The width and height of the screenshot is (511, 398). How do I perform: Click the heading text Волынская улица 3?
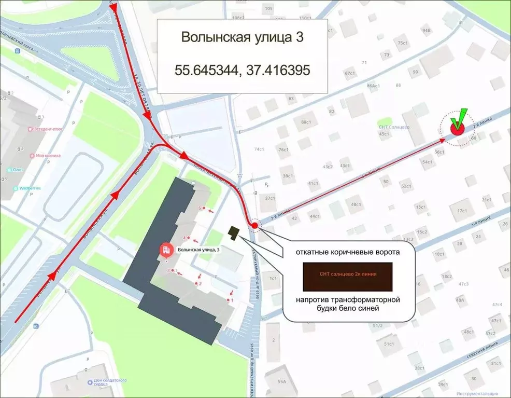pos(242,37)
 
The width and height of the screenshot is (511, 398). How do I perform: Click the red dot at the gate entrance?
pos(254,226)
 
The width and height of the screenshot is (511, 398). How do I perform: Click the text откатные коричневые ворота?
pos(348,253)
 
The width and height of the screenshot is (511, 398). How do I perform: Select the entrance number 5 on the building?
pos(200,208)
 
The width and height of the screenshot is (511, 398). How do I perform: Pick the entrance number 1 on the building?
pos(232,300)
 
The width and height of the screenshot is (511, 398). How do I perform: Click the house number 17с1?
pos(462,211)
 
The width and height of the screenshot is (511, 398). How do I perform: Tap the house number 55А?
pos(281,381)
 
